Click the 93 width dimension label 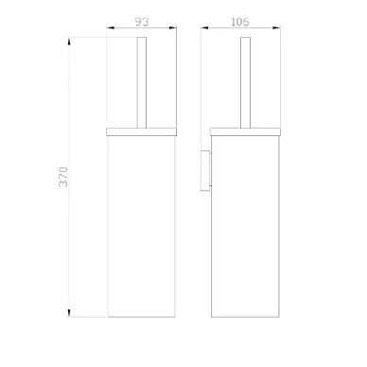click(142, 22)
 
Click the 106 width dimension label click(240, 22)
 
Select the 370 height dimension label click(63, 177)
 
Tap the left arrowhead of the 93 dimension click(111, 27)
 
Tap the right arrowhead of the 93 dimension click(173, 27)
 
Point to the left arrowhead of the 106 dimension click(204, 27)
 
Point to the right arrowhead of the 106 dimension click(276, 27)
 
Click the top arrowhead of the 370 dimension click(69, 42)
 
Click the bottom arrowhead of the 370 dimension click(69, 313)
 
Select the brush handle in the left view click(142, 82)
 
